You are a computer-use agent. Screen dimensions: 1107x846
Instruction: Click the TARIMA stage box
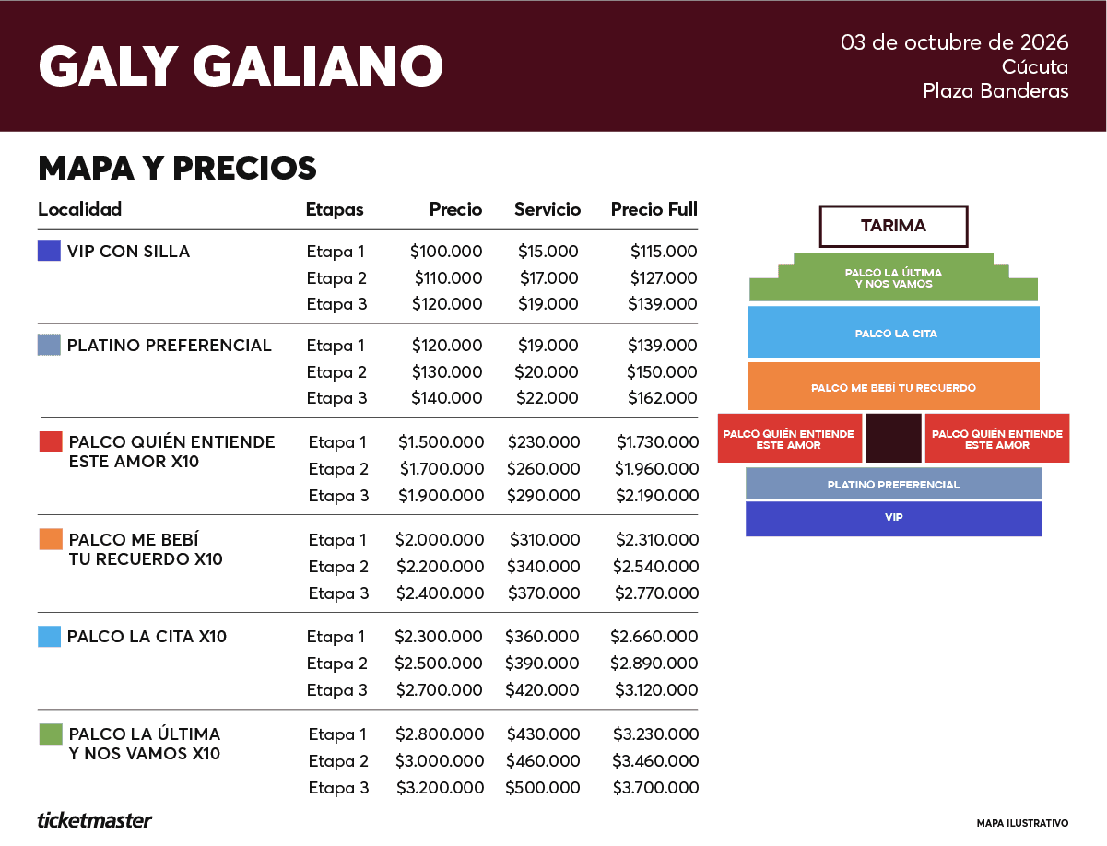[893, 226]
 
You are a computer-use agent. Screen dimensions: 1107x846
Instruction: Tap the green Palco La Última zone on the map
[893, 277]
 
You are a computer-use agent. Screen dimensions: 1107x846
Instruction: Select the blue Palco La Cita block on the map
[893, 332]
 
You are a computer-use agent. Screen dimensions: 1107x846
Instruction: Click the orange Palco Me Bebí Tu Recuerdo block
[893, 386]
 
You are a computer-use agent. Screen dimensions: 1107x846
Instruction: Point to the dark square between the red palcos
[893, 438]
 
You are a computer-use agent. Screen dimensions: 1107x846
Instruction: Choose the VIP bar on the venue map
[893, 519]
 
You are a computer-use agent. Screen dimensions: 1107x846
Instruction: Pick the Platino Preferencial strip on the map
[893, 484]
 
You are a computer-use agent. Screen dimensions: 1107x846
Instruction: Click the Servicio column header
[548, 209]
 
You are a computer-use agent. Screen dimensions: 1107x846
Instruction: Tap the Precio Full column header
[654, 209]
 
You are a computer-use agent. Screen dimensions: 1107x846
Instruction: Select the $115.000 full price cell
[664, 251]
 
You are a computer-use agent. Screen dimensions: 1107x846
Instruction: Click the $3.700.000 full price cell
[655, 788]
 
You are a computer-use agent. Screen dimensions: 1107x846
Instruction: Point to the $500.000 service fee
[543, 788]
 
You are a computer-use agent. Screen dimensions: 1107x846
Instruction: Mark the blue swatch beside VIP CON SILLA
[49, 251]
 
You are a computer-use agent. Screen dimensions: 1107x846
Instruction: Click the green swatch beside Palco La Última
[51, 734]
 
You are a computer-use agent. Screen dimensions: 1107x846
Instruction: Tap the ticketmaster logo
[94, 821]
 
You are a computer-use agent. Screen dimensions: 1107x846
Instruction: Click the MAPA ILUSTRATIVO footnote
[1022, 823]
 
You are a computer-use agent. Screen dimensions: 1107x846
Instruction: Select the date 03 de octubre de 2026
[954, 42]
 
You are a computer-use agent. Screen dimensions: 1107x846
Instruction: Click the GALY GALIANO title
[241, 66]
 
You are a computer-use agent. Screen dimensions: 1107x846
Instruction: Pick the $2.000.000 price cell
[440, 540]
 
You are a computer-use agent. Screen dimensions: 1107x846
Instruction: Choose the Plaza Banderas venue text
[995, 91]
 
